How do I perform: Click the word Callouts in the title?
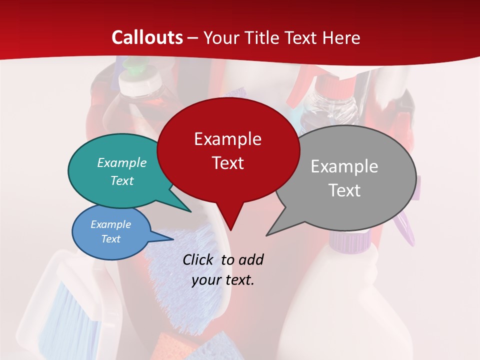[147, 37]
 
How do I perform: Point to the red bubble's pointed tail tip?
[230, 230]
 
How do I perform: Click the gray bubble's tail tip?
[266, 235]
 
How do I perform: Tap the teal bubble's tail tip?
[191, 211]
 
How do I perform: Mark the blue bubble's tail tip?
[173, 239]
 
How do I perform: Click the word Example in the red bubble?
[227, 139]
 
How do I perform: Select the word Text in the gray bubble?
[344, 190]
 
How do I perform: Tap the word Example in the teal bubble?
[122, 162]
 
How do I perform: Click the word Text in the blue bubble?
[110, 239]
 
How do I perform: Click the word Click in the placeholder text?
[198, 259]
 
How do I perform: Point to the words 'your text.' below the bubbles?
[223, 280]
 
